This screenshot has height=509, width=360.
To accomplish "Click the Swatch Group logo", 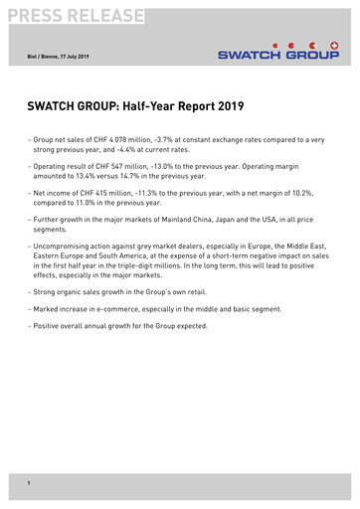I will coord(279,51).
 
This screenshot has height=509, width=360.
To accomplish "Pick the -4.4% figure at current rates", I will coord(156,152).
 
